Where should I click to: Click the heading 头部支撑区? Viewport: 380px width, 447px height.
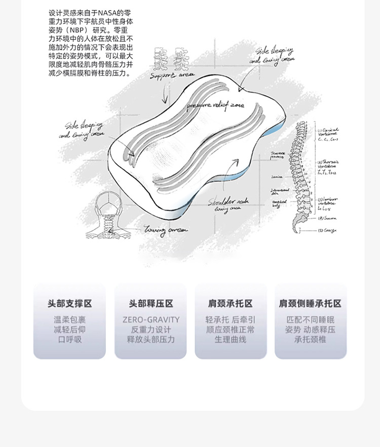pos(70,304)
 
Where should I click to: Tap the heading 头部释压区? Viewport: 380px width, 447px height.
pos(150,304)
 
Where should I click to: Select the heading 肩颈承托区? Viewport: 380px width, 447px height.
pos(231,304)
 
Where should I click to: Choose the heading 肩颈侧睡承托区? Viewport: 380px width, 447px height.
pos(310,304)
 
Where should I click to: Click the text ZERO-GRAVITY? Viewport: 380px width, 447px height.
pos(150,320)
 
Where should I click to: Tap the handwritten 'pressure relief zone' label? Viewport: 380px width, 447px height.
pos(215,105)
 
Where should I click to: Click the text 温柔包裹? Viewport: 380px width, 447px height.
pos(70,320)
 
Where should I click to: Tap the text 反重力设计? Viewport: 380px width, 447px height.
pos(150,330)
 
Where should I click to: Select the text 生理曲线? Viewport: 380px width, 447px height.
pos(231,339)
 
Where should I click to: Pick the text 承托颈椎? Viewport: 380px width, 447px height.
pos(310,339)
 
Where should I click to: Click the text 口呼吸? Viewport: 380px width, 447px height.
pos(70,339)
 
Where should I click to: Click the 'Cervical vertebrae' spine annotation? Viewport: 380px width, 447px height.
pos(329,133)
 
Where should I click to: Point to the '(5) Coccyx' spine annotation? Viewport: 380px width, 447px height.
pos(327,231)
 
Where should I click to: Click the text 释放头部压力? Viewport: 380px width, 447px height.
pos(150,339)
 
